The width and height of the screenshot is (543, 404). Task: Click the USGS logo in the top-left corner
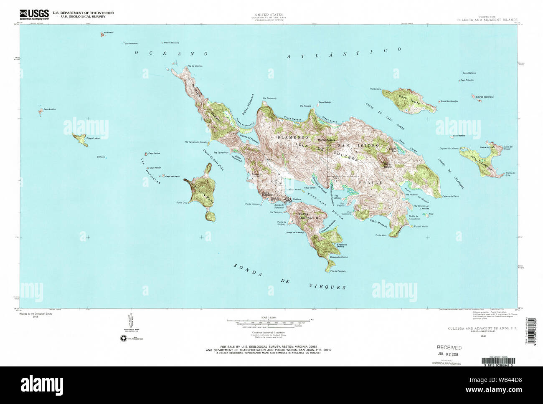click(34, 14)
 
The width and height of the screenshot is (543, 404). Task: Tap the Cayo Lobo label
click(93, 138)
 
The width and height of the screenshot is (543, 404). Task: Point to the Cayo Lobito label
click(49, 109)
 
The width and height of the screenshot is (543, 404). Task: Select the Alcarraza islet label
click(109, 32)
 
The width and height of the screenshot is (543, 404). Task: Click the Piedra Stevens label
click(171, 42)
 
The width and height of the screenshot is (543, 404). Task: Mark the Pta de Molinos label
click(195, 66)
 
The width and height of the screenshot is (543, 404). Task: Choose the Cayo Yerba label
click(154, 153)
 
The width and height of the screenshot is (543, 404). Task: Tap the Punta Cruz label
click(183, 202)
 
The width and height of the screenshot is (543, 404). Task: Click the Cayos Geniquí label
click(485, 96)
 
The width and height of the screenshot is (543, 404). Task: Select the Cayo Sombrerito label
click(449, 101)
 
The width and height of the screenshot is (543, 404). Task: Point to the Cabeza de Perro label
click(451, 196)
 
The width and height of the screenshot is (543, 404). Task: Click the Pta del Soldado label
click(338, 271)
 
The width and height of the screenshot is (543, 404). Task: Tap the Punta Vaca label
click(381, 235)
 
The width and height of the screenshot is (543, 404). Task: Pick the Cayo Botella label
click(459, 136)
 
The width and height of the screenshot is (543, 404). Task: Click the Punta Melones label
click(252, 204)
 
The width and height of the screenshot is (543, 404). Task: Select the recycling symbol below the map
click(124, 338)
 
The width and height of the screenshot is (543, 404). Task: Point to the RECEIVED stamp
click(449, 347)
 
